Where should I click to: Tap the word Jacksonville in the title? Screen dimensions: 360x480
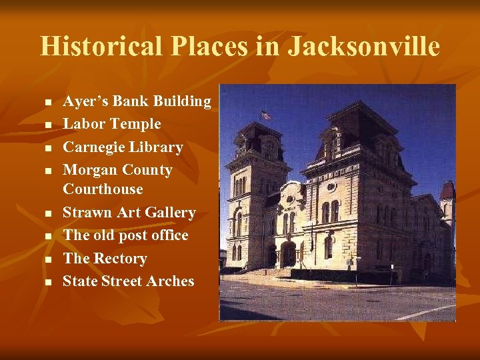tap(364, 47)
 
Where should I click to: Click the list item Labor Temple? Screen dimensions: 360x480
tap(112, 124)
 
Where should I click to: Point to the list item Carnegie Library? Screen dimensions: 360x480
tap(123, 147)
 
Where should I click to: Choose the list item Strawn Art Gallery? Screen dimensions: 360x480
tap(129, 213)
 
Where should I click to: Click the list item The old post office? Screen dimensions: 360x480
tap(125, 235)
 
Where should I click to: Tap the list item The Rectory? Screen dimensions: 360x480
tap(105, 259)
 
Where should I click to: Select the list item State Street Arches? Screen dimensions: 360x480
tap(128, 281)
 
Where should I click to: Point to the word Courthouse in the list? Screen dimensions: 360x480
tap(103, 189)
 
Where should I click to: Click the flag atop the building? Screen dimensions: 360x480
tap(266, 115)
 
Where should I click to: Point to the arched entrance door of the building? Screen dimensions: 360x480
tap(288, 254)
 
